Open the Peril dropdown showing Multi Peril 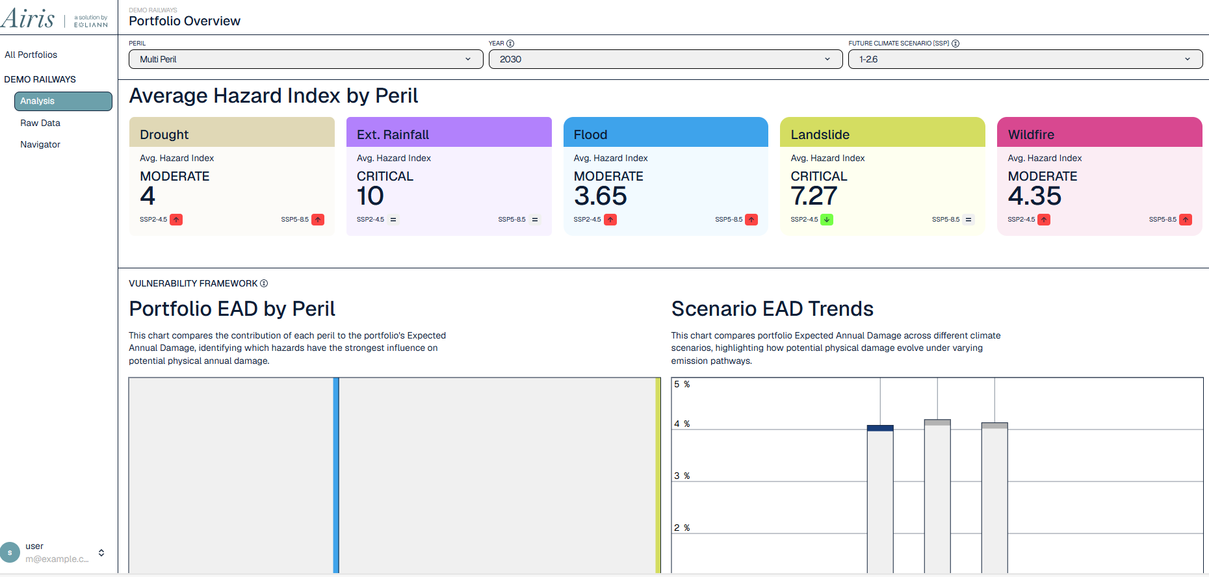tap(305, 59)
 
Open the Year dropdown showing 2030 tap(665, 59)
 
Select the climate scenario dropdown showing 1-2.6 tap(1025, 59)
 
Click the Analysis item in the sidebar tap(63, 101)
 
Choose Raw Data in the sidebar tap(40, 123)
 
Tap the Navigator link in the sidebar tap(40, 144)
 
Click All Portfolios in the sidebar tap(31, 55)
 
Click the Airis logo tap(28, 18)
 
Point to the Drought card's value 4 tap(148, 196)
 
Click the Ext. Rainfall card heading tap(393, 135)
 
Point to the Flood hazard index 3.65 tap(600, 196)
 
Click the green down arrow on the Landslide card tap(827, 220)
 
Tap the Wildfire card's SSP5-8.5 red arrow tap(1186, 220)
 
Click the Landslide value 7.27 tap(814, 196)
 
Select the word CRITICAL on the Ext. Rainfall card tap(385, 176)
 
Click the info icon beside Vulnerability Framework tap(264, 283)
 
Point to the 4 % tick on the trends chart tap(682, 424)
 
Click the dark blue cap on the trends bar tap(880, 428)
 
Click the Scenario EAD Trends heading tap(772, 309)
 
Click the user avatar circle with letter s tap(10, 552)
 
